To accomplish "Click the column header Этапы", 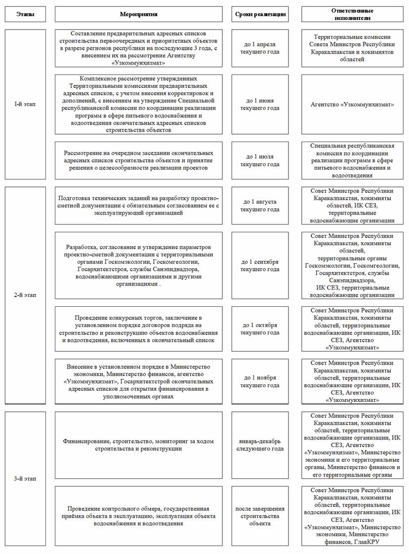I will [25, 14].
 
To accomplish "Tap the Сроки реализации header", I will [260, 14].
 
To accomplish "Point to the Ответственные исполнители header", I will [352, 14].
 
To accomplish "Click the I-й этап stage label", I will [25, 104].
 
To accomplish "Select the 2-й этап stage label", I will [25, 295].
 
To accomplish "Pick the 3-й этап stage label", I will [25, 479].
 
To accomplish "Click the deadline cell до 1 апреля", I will [260, 48].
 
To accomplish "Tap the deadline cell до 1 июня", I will [260, 104].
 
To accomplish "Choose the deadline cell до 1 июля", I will [260, 160].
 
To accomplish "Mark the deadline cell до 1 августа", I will [260, 206].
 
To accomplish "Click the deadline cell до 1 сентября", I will [260, 265].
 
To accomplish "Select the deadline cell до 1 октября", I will [260, 329].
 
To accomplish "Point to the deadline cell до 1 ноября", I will [260, 381].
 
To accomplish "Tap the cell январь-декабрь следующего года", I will [260, 445].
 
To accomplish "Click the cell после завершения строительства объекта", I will [260, 516].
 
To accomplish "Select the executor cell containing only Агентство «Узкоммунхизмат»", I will [352, 105].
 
